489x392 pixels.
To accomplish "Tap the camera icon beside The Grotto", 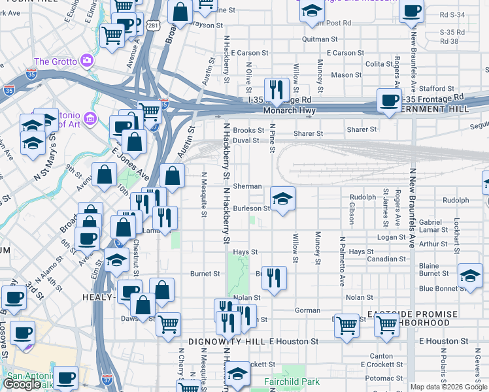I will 87,61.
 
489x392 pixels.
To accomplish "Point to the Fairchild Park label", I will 291,381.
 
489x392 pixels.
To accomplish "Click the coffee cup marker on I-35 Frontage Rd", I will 390,101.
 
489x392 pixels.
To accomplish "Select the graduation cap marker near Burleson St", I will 282,199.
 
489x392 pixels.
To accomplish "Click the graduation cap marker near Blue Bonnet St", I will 470,275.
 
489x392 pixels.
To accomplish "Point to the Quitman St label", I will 320,39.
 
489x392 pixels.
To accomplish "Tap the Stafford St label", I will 437,89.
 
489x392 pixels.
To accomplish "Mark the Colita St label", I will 379,64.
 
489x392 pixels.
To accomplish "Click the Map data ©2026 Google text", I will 448,387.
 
